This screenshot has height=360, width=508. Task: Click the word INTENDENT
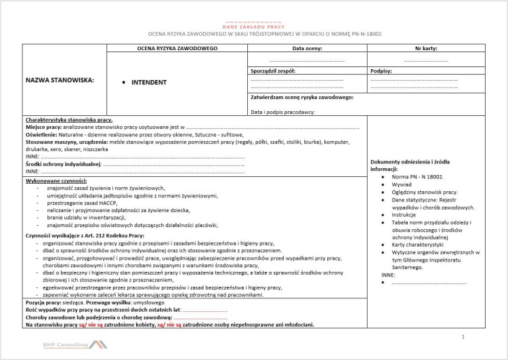point(148,83)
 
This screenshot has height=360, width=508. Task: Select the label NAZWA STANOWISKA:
point(60,80)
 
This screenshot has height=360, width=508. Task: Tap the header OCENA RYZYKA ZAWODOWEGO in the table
point(177,49)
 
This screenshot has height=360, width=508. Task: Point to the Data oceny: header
point(307,49)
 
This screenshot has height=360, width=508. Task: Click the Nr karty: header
point(426,49)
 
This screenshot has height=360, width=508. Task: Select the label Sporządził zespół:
point(273,71)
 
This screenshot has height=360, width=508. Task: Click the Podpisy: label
point(381,71)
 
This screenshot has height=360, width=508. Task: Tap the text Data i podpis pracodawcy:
point(282,111)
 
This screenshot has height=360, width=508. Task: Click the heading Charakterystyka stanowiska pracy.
point(69,119)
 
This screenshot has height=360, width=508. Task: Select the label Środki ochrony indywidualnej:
point(63,164)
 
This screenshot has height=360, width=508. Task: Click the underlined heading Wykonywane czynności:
point(56,182)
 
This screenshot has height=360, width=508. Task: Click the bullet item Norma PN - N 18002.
point(417,176)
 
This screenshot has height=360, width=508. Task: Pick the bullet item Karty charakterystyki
point(417,243)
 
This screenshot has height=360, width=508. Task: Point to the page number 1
point(463,336)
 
